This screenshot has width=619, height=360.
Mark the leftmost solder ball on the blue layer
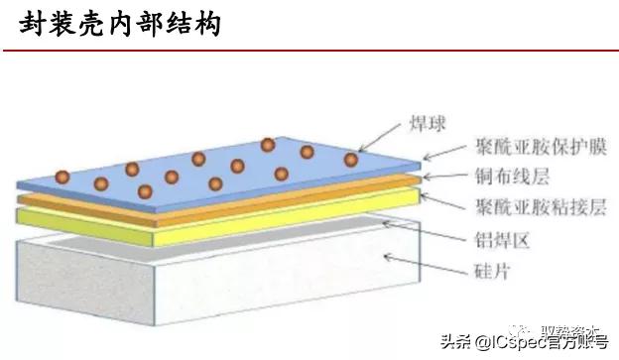(x=62, y=178)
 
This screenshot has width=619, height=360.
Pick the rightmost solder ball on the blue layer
(x=351, y=160)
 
